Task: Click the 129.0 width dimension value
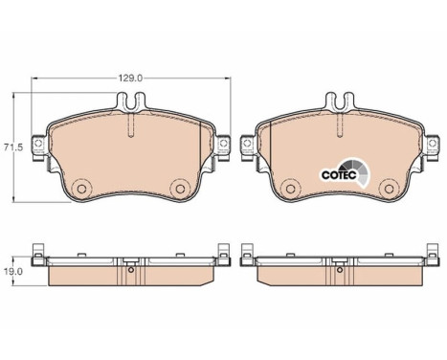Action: point(130,79)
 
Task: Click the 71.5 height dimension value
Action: point(12,147)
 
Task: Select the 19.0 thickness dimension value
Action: point(12,271)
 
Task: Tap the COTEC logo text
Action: point(338,175)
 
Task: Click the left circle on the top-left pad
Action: point(82,189)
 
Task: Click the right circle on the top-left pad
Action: point(180,189)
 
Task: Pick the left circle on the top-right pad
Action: point(291,189)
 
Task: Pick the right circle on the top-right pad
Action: point(389,189)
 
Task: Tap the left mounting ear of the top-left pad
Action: point(39,146)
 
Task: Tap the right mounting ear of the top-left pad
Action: point(223,146)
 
